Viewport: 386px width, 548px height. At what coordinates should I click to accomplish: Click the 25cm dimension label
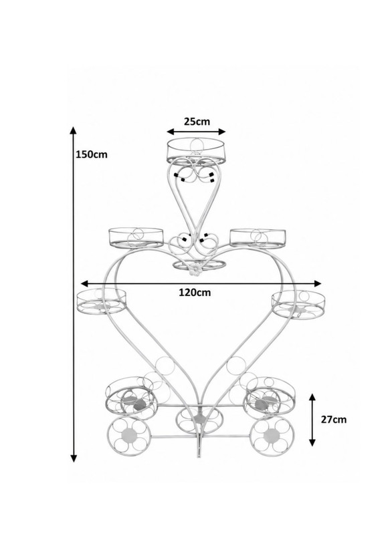(x=197, y=121)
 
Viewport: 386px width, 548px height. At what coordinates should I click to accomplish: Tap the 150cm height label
(x=92, y=154)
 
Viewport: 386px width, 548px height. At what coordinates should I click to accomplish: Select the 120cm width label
(x=195, y=292)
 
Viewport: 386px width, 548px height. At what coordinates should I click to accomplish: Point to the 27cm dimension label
(x=334, y=420)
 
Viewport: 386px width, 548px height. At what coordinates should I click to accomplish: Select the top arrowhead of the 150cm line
(x=73, y=130)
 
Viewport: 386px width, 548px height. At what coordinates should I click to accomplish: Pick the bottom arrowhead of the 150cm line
(x=74, y=458)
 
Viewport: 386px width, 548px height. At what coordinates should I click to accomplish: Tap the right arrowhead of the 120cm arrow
(x=317, y=283)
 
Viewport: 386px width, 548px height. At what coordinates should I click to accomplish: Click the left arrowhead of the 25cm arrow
(x=171, y=132)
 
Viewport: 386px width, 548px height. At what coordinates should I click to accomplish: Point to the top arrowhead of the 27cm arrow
(x=312, y=397)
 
